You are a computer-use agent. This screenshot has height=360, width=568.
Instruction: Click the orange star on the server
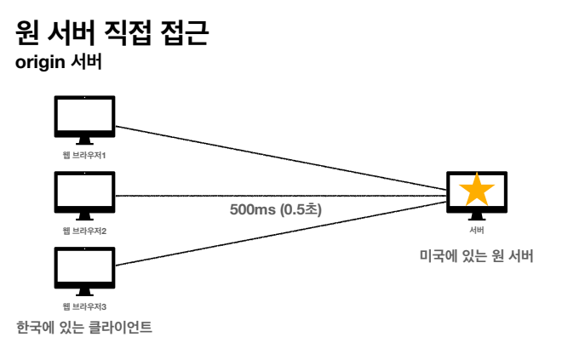pos(477,189)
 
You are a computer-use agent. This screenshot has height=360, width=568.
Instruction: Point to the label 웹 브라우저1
pos(83,155)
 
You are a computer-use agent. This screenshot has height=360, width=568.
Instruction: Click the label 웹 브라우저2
pos(83,231)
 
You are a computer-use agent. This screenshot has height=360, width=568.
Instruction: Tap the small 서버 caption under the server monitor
pos(477,230)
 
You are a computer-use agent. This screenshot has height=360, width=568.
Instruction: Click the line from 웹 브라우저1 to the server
pos(281,157)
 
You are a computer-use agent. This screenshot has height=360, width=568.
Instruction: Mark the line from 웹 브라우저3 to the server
pos(281,234)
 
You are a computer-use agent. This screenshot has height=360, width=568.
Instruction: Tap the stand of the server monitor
pos(477,216)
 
